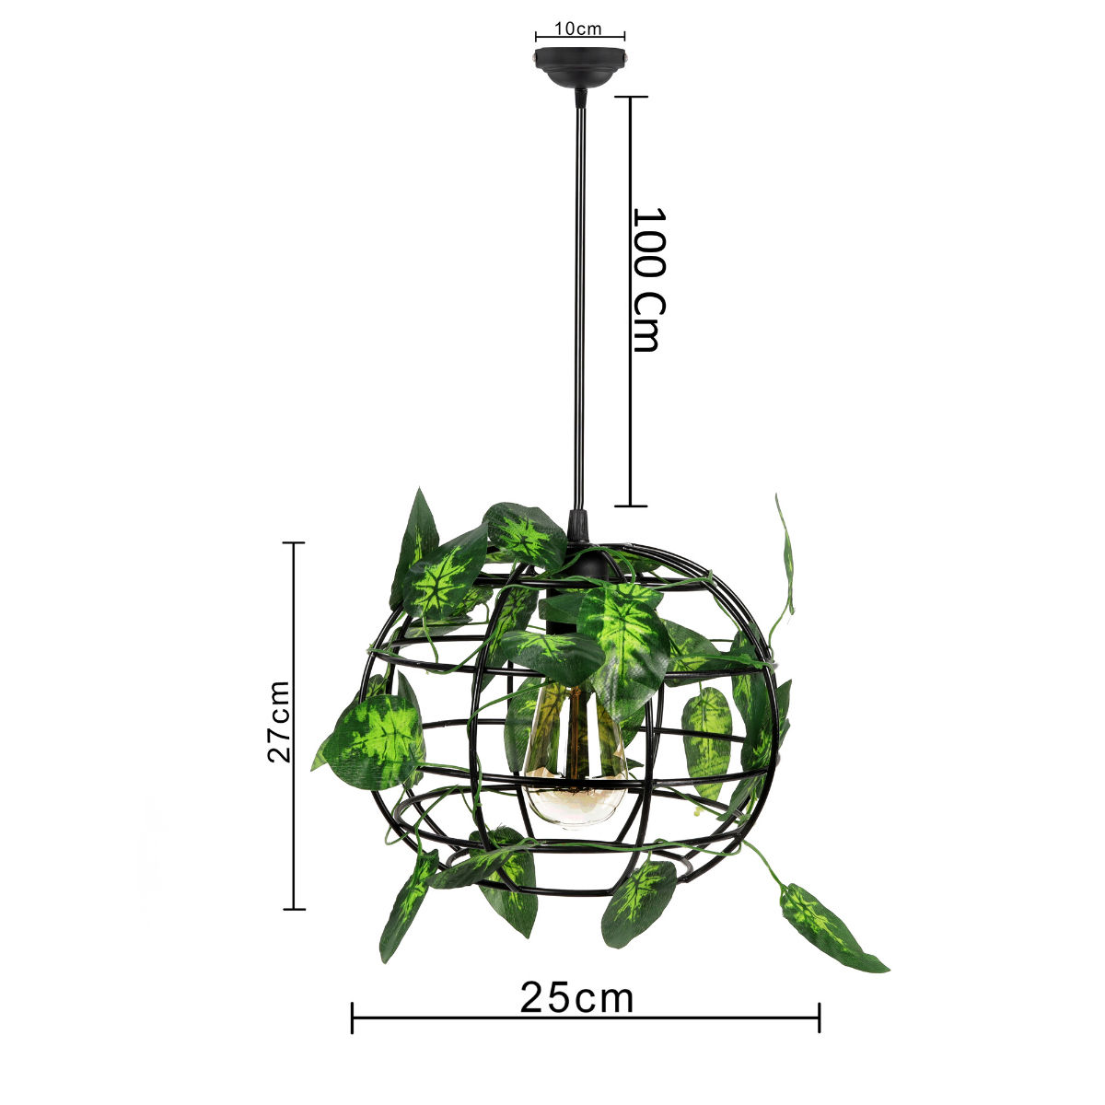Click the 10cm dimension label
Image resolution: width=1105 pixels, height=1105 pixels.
pyautogui.click(x=578, y=29)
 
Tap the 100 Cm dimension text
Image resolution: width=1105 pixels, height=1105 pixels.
pyautogui.click(x=648, y=280)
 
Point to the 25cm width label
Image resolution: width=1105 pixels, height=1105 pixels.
pyautogui.click(x=577, y=997)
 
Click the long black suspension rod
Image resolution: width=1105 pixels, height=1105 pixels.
pyautogui.click(x=579, y=304)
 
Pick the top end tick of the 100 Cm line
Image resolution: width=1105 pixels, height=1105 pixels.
pyautogui.click(x=631, y=97)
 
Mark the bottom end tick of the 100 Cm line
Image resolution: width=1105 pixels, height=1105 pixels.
pyautogui.click(x=631, y=506)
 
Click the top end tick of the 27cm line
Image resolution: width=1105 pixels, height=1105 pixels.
pyautogui.click(x=293, y=543)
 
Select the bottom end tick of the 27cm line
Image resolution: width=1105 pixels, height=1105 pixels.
pyautogui.click(x=293, y=909)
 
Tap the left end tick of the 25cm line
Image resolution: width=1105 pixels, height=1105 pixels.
pyautogui.click(x=353, y=1018)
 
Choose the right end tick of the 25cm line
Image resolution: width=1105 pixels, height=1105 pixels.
pyautogui.click(x=820, y=1018)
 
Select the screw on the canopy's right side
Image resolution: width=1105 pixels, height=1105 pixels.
pyautogui.click(x=624, y=57)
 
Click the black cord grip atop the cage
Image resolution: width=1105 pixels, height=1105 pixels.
pyautogui.click(x=579, y=528)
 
